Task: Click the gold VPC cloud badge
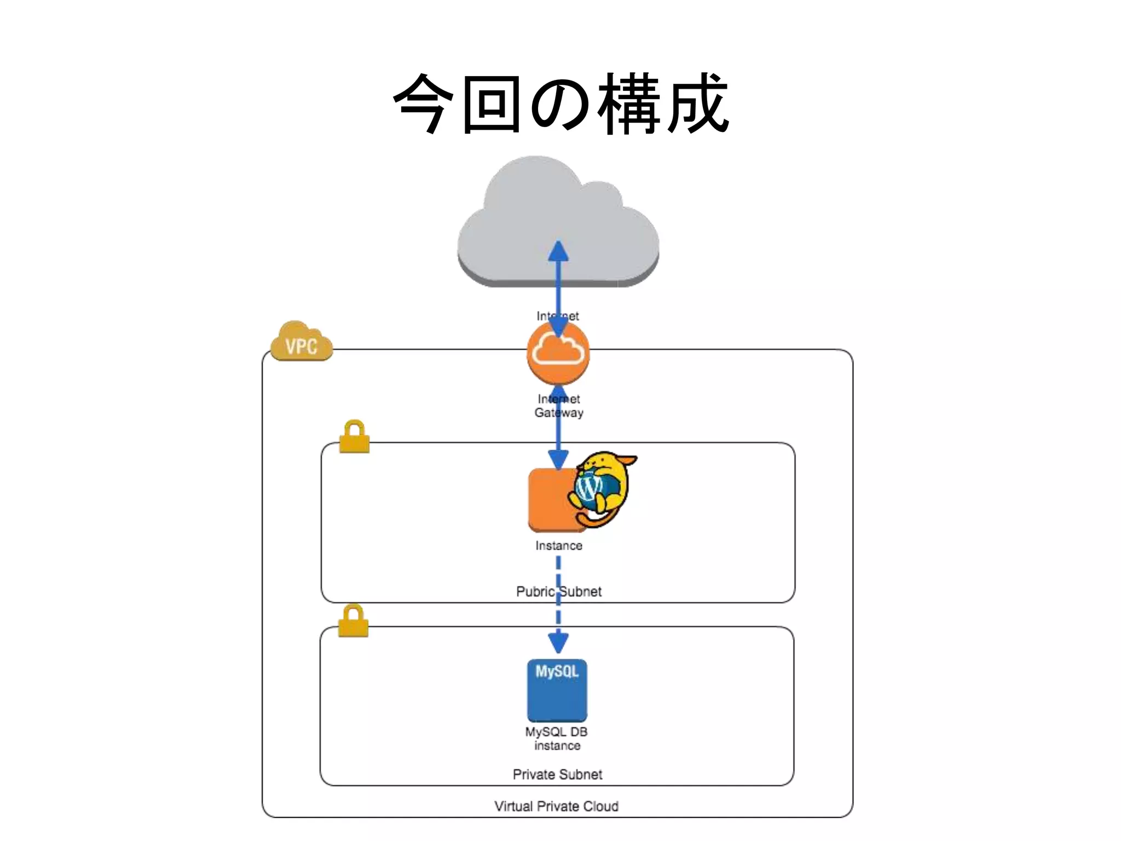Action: pos(302,343)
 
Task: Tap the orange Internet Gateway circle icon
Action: pos(558,353)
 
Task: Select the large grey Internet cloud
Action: pos(558,219)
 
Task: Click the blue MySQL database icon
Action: pos(557,691)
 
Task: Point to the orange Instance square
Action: pos(550,499)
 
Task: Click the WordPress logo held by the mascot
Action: pos(590,486)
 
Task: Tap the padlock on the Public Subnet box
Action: pos(354,437)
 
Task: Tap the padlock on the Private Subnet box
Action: pos(353,621)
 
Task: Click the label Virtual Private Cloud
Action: pos(556,807)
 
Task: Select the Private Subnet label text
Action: pos(557,775)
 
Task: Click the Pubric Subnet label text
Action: pos(558,592)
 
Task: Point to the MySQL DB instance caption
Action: pos(557,739)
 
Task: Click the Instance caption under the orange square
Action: pos(558,546)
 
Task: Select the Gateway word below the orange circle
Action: pos(559,413)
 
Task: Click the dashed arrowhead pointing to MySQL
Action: pos(558,642)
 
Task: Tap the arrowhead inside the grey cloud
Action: pos(558,251)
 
